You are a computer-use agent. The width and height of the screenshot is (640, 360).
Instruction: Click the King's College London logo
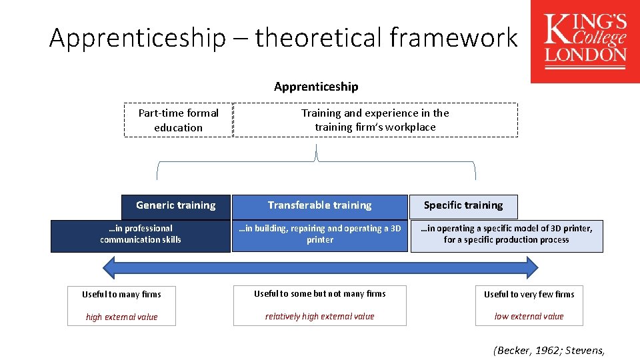point(585,41)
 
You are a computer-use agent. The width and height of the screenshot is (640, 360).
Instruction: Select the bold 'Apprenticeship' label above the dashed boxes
point(316,87)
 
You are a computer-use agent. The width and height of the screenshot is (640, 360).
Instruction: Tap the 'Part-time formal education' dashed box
point(178,120)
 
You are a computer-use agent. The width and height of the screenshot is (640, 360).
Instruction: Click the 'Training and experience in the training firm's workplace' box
point(375,120)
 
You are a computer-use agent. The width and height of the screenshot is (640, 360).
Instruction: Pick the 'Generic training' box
point(176,205)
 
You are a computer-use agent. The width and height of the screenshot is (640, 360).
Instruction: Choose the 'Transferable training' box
point(319,205)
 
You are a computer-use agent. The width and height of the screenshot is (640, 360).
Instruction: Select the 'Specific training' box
point(463,205)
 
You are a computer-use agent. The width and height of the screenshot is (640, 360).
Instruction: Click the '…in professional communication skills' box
point(141,234)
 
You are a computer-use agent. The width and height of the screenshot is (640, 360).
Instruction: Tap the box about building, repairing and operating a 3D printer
point(319,234)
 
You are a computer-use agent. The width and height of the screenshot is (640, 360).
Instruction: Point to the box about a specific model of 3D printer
point(507,234)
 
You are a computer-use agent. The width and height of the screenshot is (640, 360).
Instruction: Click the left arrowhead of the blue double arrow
point(109,267)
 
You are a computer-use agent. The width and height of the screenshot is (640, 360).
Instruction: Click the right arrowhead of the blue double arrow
point(531,267)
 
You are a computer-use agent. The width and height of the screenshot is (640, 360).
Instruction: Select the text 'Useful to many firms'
point(121,294)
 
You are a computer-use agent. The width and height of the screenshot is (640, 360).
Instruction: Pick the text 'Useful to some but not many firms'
point(319,293)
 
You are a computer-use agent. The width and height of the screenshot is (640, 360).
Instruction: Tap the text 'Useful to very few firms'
point(529,294)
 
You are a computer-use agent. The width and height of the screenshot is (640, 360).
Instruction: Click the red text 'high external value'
point(121,317)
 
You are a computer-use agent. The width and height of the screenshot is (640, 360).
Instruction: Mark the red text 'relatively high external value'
point(319,316)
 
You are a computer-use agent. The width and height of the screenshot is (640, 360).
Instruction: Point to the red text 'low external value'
point(529,316)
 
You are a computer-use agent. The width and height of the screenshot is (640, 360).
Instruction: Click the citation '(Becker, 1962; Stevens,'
point(549,349)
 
